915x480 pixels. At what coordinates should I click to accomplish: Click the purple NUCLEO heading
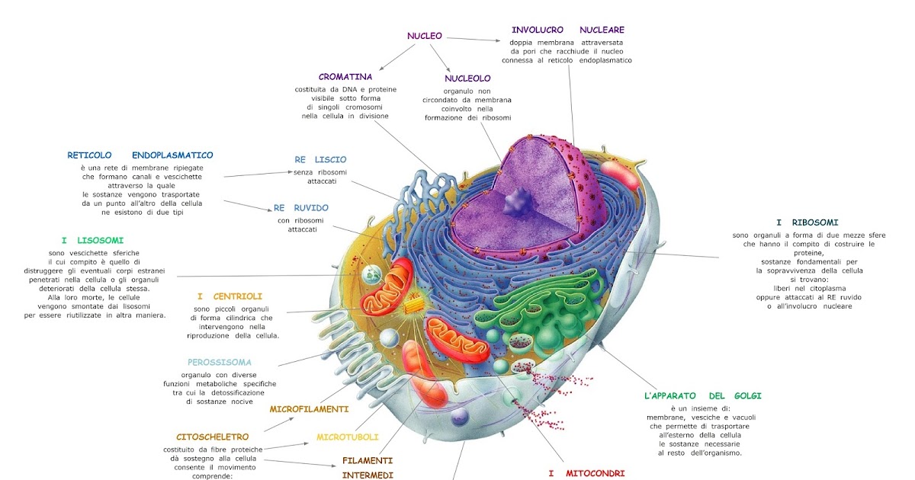click(x=425, y=35)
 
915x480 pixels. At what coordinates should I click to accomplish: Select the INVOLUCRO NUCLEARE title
click(x=567, y=30)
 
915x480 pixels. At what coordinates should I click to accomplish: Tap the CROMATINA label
click(x=345, y=76)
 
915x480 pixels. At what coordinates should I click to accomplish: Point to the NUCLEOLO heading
click(x=467, y=78)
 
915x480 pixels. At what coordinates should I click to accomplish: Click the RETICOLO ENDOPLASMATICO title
click(x=140, y=155)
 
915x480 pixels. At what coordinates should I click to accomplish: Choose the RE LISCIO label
click(x=320, y=159)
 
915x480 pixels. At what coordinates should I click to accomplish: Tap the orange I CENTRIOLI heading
click(x=230, y=296)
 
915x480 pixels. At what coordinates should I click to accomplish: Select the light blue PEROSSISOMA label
click(x=220, y=362)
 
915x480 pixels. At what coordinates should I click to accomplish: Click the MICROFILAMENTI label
click(x=310, y=409)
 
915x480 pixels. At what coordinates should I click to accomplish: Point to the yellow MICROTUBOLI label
click(x=348, y=437)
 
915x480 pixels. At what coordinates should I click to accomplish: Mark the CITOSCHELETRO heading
click(x=213, y=437)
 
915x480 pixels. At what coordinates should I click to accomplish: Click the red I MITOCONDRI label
click(x=586, y=473)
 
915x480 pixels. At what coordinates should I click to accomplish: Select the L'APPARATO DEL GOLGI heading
click(x=702, y=395)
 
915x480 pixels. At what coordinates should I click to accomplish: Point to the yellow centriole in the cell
click(x=413, y=303)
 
